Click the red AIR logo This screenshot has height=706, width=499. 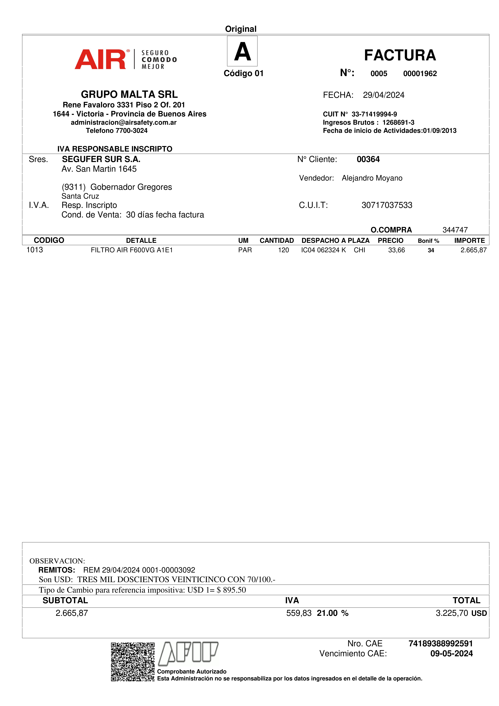coord(100,59)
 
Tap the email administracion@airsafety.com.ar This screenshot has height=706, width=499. coord(124,122)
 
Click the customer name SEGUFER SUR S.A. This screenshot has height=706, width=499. coord(101,159)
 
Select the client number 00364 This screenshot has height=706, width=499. coord(368,159)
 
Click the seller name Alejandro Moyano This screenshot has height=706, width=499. coord(372,178)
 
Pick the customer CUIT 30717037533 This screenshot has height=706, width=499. coord(387,205)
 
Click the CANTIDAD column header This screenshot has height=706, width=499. coord(277,240)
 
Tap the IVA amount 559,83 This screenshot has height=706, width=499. coord(299,613)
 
